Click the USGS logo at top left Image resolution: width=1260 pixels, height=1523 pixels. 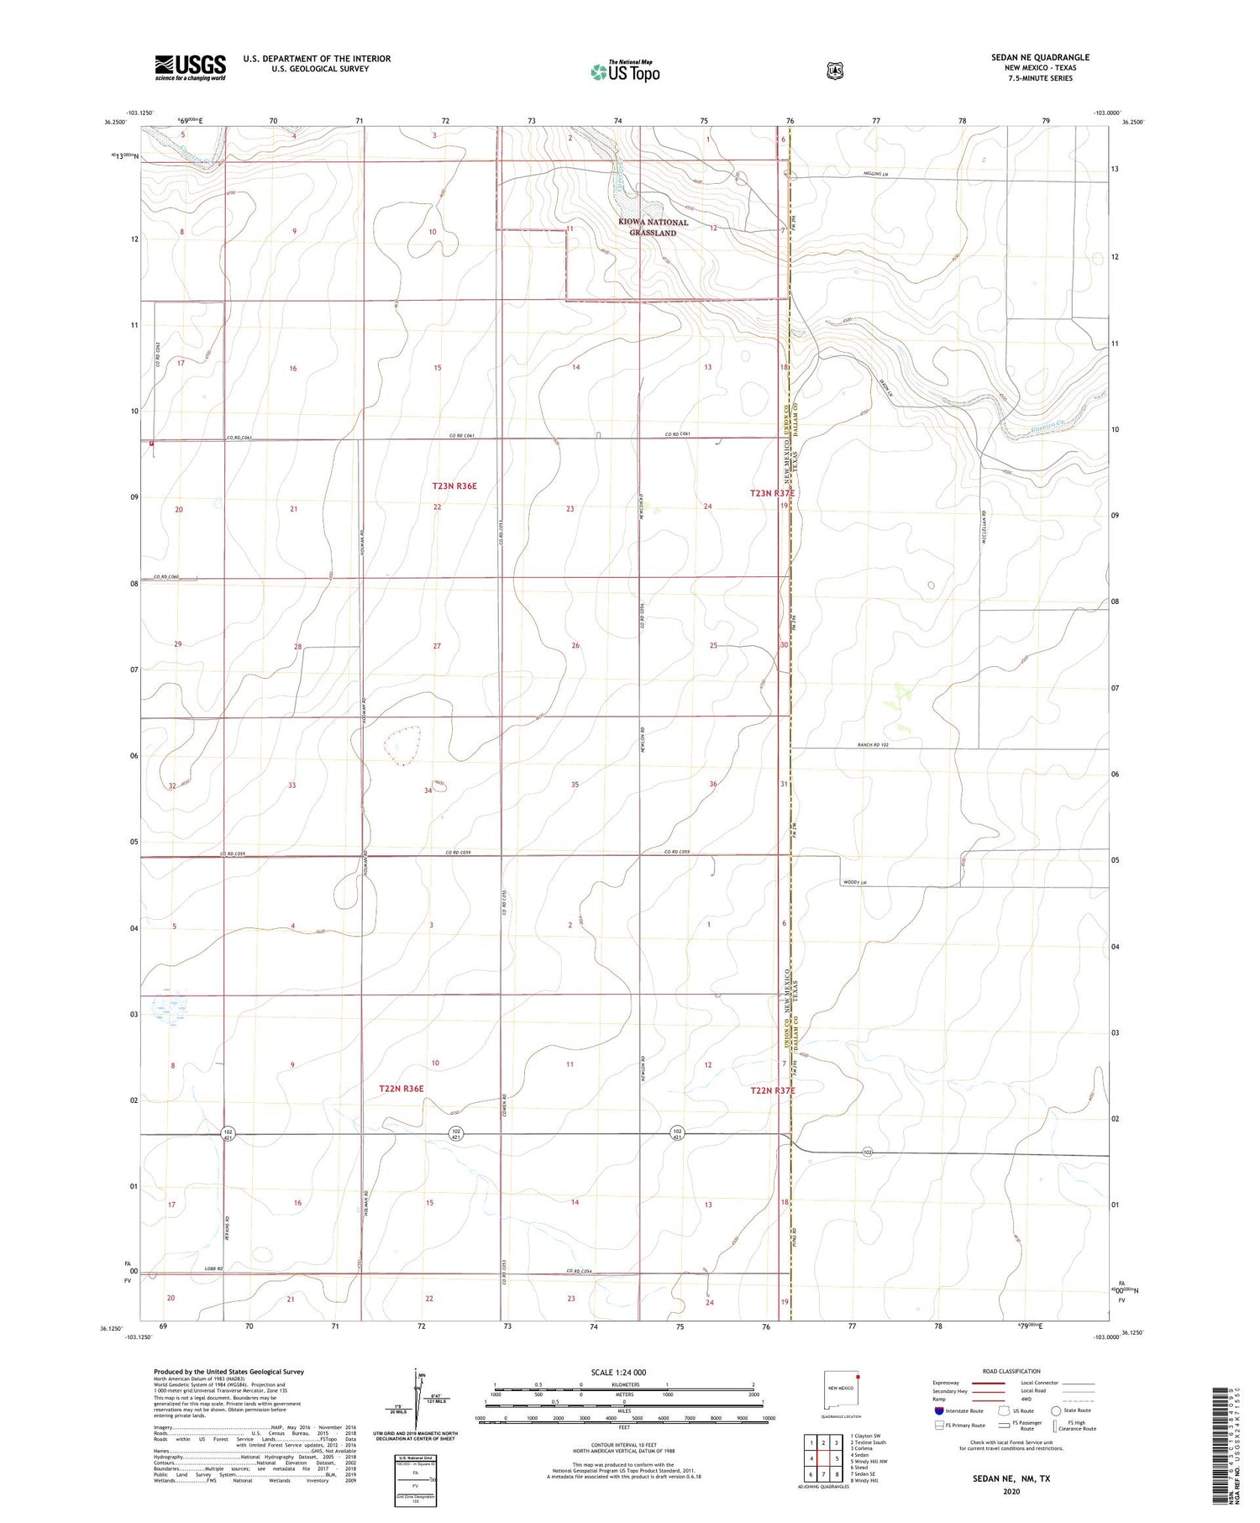click(x=190, y=67)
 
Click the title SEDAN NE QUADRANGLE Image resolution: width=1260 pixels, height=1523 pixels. click(x=1040, y=57)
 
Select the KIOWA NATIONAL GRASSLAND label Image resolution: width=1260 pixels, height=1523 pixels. click(x=654, y=228)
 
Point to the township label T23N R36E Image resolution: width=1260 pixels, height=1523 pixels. click(x=454, y=486)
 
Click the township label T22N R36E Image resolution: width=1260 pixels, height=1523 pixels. click(x=402, y=1089)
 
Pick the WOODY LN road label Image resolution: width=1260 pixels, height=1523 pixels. click(x=853, y=882)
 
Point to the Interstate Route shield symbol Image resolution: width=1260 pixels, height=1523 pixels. click(x=938, y=1410)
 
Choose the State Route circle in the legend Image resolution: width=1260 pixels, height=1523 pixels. click(x=1056, y=1410)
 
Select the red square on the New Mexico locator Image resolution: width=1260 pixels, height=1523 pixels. click(x=858, y=1377)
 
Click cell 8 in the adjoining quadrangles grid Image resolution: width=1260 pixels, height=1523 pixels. click(x=837, y=1474)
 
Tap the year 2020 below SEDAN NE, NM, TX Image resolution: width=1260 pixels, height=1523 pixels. click(x=1011, y=1492)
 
